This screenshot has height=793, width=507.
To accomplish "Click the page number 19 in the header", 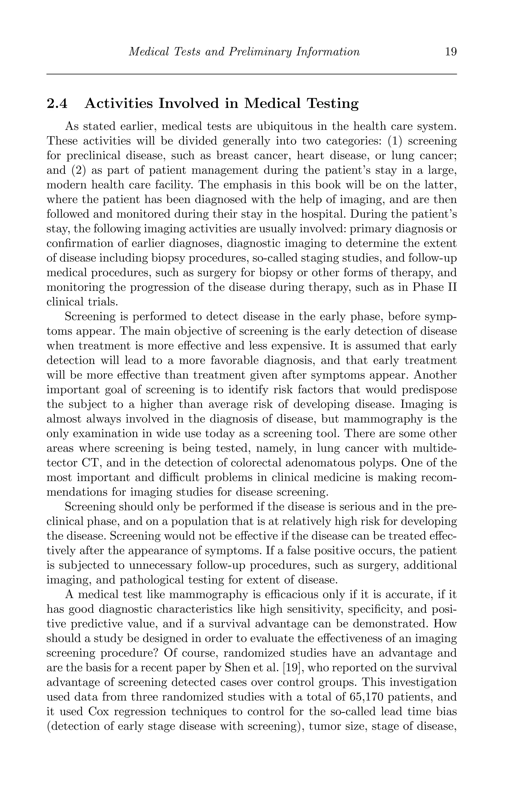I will (x=451, y=52).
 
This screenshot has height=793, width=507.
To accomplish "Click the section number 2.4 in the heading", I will (x=57, y=104).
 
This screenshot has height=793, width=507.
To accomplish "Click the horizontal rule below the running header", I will (x=252, y=74).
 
